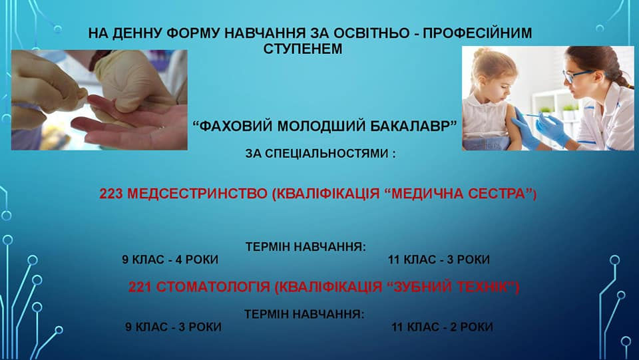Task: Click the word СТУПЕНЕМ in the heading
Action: click(303, 49)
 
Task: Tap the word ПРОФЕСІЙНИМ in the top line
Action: click(477, 33)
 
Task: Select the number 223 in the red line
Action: click(111, 194)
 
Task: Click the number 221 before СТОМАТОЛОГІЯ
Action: click(140, 287)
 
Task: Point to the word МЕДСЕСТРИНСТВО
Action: click(197, 194)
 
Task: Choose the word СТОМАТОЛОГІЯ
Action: click(213, 287)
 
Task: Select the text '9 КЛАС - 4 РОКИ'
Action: click(170, 260)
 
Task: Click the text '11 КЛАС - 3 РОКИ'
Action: click(439, 260)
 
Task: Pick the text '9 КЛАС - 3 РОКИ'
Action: click(173, 327)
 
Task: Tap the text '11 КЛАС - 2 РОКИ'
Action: click(442, 327)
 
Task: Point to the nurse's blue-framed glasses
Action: click(578, 76)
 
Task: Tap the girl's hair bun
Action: click(482, 53)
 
